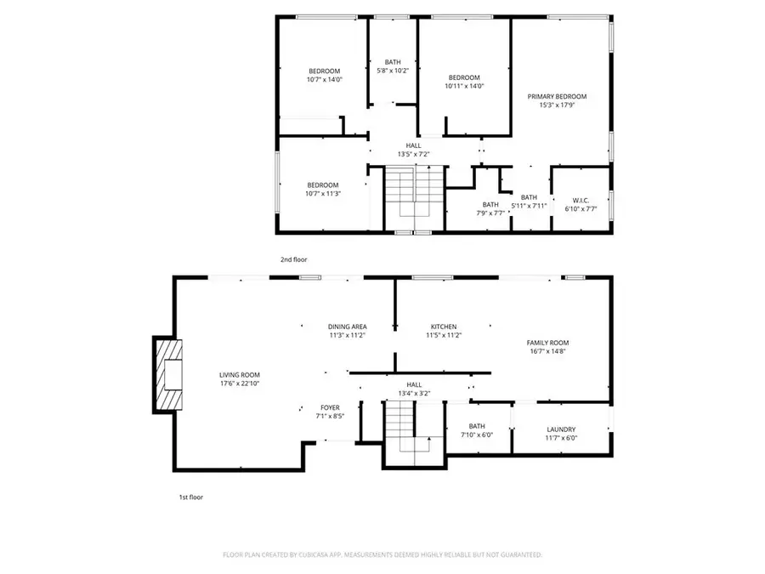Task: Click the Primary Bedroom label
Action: pyautogui.click(x=557, y=97)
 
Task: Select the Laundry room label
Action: pyautogui.click(x=562, y=429)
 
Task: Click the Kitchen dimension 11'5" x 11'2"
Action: pyautogui.click(x=443, y=336)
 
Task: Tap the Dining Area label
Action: pyautogui.click(x=347, y=327)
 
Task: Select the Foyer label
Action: pyautogui.click(x=330, y=408)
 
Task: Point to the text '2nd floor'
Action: pyautogui.click(x=293, y=259)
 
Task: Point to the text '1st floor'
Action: pyautogui.click(x=190, y=497)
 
